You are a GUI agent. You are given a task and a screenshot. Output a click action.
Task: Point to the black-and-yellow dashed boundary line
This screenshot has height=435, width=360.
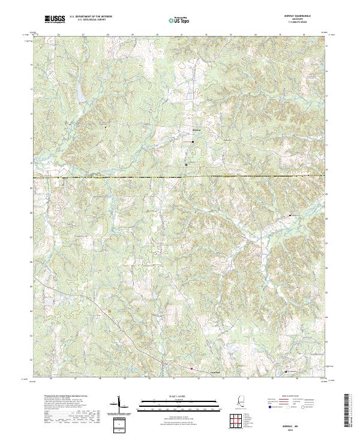pyautogui.click(x=180, y=177)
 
